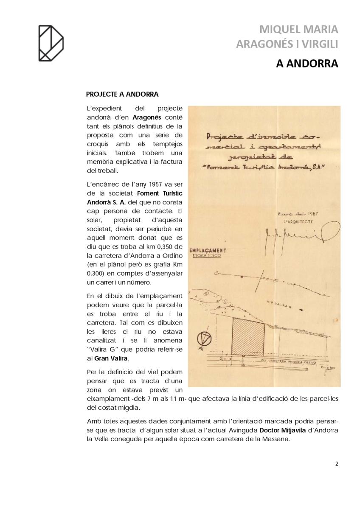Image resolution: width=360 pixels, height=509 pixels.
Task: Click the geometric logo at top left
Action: click(51, 43)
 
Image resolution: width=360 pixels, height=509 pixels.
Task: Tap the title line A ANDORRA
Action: click(307, 64)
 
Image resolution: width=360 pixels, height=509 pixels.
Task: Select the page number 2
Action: click(337, 464)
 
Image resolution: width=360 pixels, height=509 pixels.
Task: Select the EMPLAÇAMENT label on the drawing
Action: click(208, 251)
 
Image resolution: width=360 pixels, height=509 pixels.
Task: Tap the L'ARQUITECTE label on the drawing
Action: click(297, 222)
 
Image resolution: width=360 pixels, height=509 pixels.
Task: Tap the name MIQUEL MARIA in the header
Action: click(298, 29)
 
